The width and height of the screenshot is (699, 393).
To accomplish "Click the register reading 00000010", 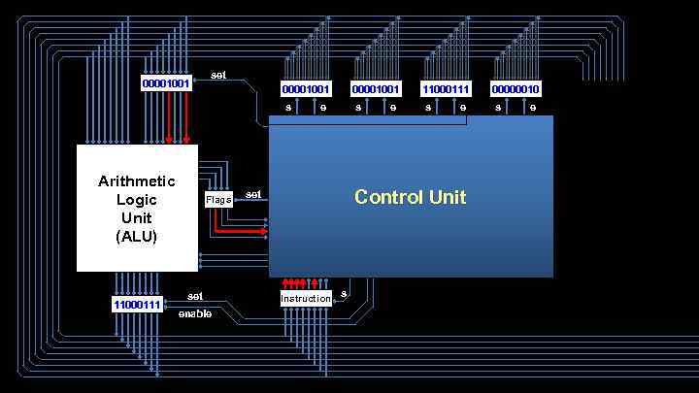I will [516, 89].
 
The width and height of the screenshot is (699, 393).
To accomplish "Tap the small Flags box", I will [218, 200].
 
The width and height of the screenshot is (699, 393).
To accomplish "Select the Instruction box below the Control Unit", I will [306, 299].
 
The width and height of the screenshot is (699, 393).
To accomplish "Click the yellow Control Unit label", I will [410, 197].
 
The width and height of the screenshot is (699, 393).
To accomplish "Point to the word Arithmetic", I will [137, 181].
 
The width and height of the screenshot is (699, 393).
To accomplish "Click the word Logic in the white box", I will [137, 200].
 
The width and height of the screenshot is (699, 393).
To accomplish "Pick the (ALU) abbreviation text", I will [137, 236].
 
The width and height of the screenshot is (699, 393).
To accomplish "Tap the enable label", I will [195, 313].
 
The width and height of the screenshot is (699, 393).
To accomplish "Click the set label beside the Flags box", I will [253, 194].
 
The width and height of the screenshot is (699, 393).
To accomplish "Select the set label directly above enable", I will [195, 296].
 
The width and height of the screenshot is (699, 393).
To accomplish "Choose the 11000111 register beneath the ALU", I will [137, 305].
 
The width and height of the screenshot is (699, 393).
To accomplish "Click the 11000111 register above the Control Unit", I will [446, 89].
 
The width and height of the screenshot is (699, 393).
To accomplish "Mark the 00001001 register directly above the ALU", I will [166, 83].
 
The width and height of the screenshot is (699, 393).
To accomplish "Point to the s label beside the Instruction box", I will [344, 293].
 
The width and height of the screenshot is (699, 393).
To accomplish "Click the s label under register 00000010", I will [498, 107].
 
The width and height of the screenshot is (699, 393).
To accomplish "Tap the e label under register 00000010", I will [533, 107].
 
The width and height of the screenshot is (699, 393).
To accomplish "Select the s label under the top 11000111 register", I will [428, 107].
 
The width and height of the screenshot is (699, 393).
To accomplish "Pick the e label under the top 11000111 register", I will [463, 107].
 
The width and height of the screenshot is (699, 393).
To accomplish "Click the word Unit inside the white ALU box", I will [137, 218].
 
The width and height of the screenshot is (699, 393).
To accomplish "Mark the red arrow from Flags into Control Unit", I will [241, 231].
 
